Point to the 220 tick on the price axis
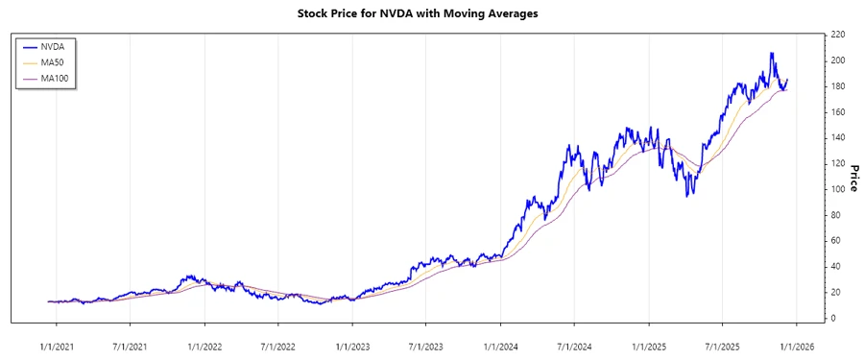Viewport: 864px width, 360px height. pyautogui.click(x=837, y=35)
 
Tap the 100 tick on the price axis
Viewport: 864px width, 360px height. pyautogui.click(x=837, y=189)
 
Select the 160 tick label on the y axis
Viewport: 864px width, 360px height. pyautogui.click(x=837, y=112)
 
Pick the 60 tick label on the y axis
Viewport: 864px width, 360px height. pyautogui.click(x=834, y=240)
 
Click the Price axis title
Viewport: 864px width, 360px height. pyautogui.click(x=853, y=177)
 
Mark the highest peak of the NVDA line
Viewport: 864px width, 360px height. pyautogui.click(x=772, y=54)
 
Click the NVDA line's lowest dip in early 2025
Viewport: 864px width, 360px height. pyautogui.click(x=687, y=196)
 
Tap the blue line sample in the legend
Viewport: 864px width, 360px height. pyautogui.click(x=30, y=45)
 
